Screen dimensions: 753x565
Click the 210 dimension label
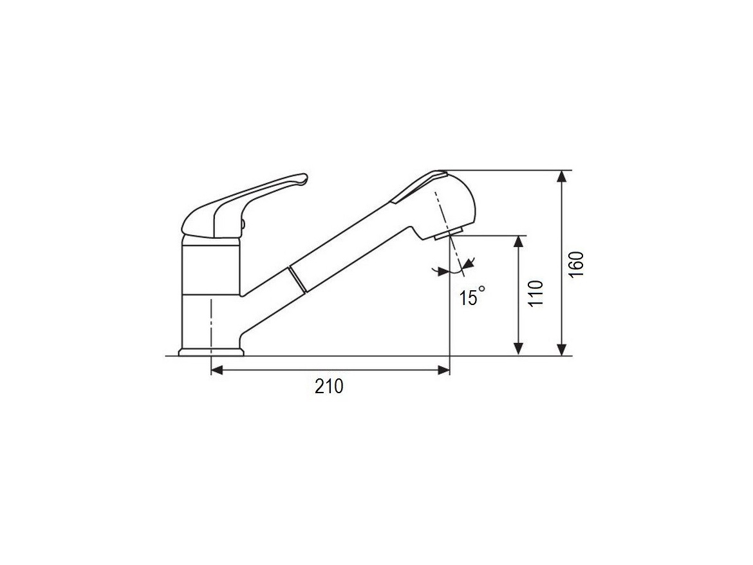(329, 386)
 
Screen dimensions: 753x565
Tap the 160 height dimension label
(577, 263)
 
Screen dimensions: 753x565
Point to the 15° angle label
(472, 297)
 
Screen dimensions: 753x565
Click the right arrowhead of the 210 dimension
(443, 369)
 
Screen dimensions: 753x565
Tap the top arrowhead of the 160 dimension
(562, 178)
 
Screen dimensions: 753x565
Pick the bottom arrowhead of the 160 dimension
(562, 349)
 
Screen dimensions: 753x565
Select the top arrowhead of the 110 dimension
(518, 243)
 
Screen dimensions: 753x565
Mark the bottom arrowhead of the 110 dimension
(518, 349)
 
